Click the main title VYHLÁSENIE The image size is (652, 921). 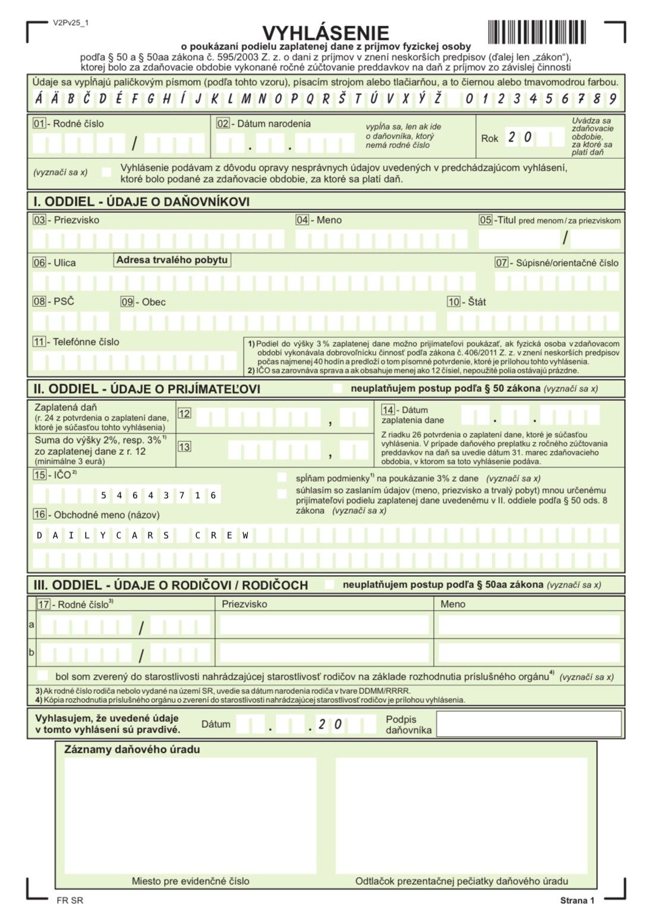(326, 33)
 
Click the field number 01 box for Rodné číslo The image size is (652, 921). (39, 124)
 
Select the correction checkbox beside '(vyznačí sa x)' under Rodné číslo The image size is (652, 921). (106, 172)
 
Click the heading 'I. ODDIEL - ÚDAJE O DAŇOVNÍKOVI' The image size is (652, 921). (141, 202)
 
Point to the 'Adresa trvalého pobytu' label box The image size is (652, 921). (172, 260)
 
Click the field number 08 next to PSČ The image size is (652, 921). (39, 301)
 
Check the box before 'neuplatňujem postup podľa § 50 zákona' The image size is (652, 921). (338, 388)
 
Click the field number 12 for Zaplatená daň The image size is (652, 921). (184, 413)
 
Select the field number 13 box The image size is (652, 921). (184, 447)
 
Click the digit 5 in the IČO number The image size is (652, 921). (103, 495)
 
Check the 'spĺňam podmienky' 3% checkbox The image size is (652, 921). (282, 478)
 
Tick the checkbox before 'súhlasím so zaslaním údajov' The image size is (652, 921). (282, 493)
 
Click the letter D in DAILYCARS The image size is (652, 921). (39, 536)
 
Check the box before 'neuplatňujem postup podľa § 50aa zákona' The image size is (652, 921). (329, 584)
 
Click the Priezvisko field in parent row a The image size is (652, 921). (325, 625)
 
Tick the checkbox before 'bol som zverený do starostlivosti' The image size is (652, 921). (43, 675)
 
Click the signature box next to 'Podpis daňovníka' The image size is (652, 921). (528, 724)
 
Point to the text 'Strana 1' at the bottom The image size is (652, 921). (577, 901)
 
